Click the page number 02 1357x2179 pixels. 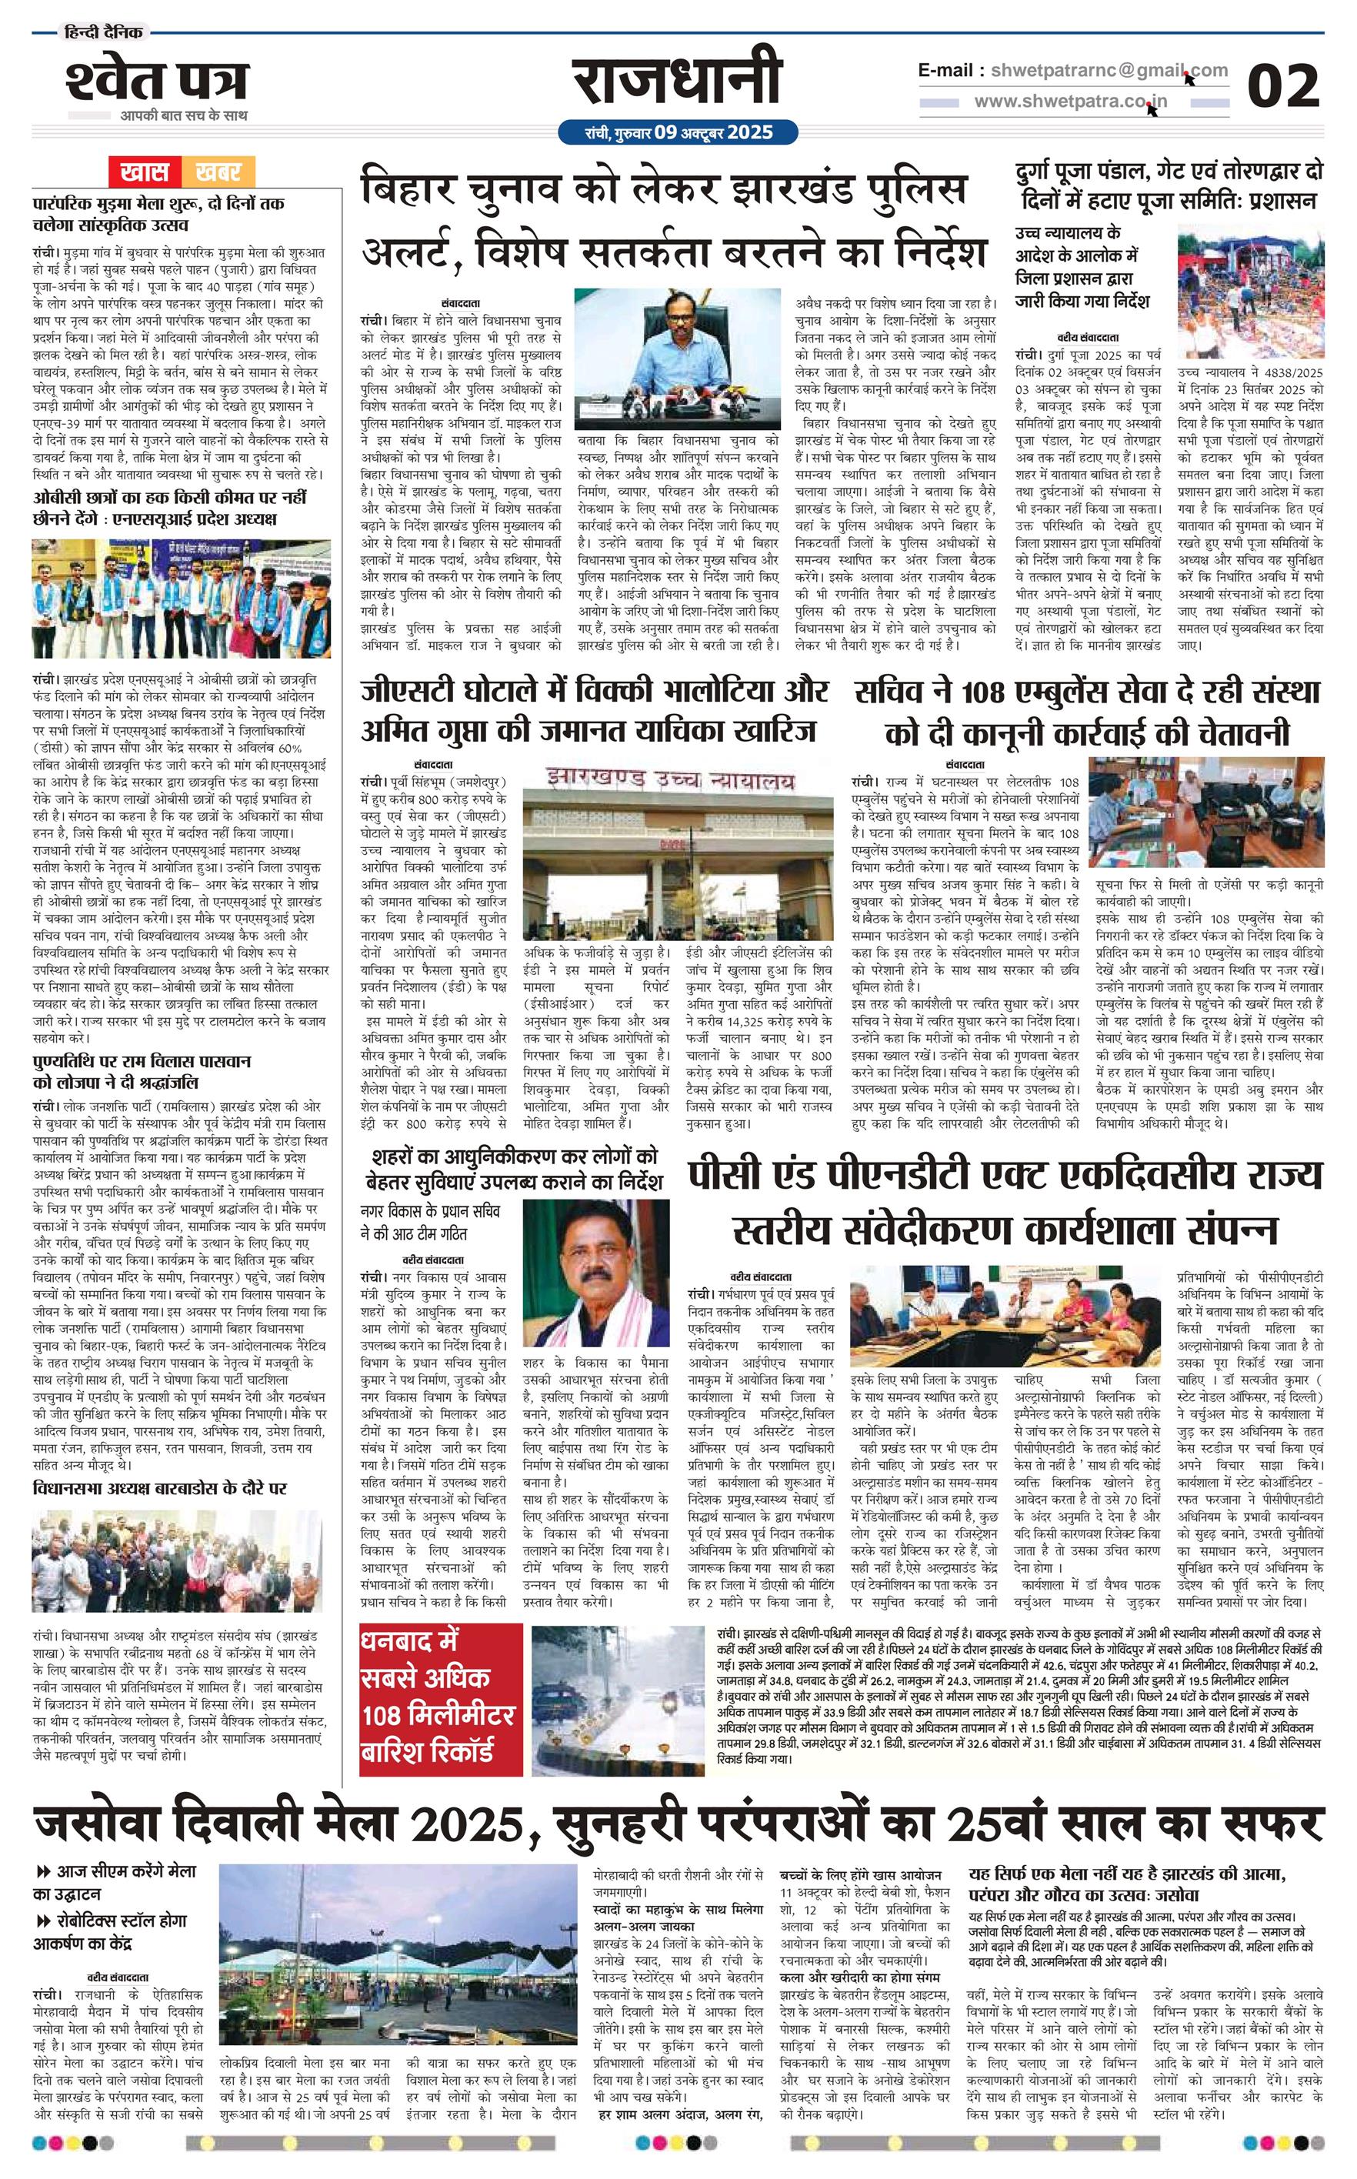(1283, 87)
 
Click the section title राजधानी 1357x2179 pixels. (678, 82)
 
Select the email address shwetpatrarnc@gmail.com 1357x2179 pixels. (1104, 70)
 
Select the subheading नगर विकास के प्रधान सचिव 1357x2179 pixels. (429, 1212)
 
